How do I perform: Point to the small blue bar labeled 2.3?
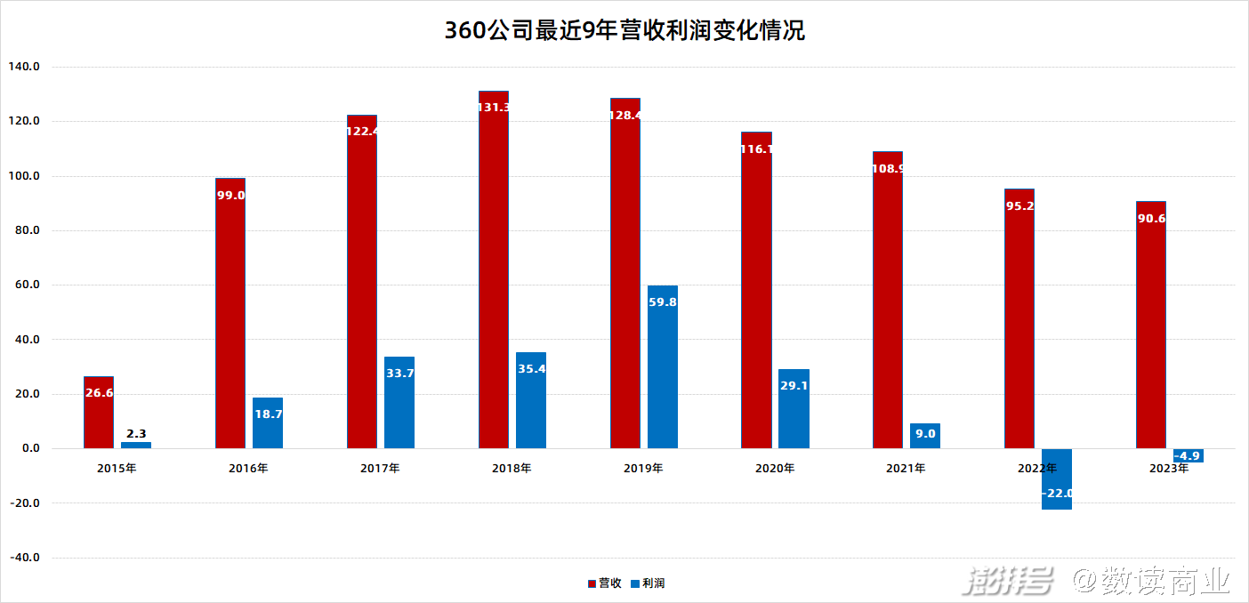click(136, 445)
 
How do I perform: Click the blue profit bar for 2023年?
click(1189, 455)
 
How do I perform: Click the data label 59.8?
click(662, 301)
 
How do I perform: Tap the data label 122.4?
click(362, 132)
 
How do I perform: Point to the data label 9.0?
click(925, 433)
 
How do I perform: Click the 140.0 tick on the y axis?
click(24, 67)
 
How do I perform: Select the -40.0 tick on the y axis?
click(24, 558)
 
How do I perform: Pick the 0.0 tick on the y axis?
click(30, 448)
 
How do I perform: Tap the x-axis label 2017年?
click(380, 468)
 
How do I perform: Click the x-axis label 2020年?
click(775, 468)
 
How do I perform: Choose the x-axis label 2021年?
click(906, 468)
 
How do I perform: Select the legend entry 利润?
click(648, 583)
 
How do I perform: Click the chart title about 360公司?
click(624, 31)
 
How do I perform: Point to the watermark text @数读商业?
click(1151, 582)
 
